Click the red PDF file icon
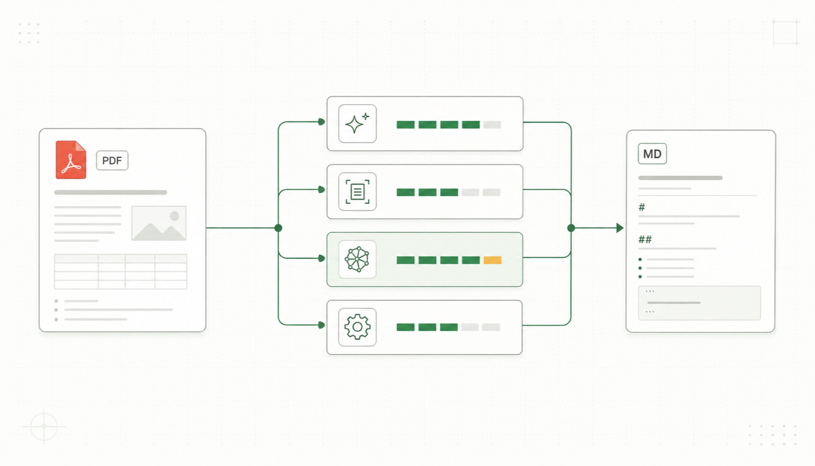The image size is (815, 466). (x=71, y=160)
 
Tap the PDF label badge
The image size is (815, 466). (x=112, y=161)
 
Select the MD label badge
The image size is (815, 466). (x=652, y=154)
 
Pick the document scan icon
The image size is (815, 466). (x=357, y=192)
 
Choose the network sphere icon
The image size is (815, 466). (x=357, y=259)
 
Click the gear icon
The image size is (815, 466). (x=357, y=327)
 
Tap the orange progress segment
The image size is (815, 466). (x=492, y=260)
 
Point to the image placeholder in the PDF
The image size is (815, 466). (x=159, y=223)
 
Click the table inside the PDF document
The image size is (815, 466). (x=121, y=272)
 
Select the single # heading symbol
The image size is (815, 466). (x=642, y=207)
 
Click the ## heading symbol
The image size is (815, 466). (x=645, y=239)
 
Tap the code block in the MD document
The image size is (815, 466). (x=699, y=303)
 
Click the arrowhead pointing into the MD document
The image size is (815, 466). (x=620, y=228)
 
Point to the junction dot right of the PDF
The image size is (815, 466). (x=278, y=228)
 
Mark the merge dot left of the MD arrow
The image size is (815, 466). (x=571, y=228)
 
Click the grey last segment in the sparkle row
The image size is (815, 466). (x=492, y=125)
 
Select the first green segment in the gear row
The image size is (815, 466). (x=406, y=327)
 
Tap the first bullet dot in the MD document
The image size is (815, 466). (x=640, y=260)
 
